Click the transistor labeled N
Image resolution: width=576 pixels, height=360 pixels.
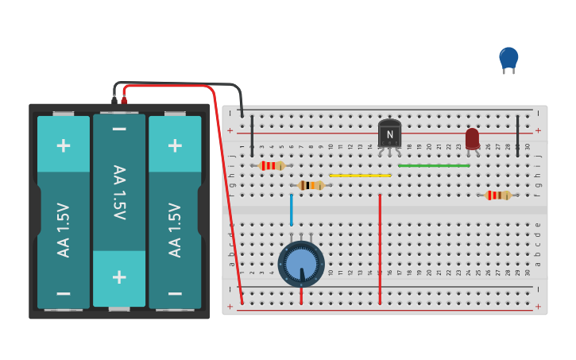(x=389, y=134)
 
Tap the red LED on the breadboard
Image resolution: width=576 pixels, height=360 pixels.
(x=472, y=138)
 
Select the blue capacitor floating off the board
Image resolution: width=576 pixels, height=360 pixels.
(x=508, y=58)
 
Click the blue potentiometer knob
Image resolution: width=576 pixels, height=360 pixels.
(x=301, y=264)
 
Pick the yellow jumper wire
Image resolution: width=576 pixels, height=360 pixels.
(x=360, y=176)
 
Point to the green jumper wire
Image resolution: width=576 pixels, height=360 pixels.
(x=434, y=166)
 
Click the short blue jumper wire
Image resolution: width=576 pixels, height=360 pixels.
(x=292, y=210)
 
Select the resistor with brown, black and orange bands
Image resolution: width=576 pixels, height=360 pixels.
(x=311, y=185)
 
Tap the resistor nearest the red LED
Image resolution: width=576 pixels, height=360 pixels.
(x=498, y=195)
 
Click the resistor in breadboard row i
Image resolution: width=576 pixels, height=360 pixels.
(x=272, y=165)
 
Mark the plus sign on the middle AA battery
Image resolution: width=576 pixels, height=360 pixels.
(x=119, y=277)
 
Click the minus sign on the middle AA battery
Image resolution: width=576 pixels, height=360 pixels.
(x=119, y=130)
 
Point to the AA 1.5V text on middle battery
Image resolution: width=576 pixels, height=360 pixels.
(x=119, y=192)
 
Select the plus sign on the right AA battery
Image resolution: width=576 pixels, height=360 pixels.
(x=175, y=145)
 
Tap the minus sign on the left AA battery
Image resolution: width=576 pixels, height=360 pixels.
(x=64, y=292)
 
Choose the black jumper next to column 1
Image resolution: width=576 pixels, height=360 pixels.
(x=253, y=135)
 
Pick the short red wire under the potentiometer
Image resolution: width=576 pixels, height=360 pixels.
(x=301, y=294)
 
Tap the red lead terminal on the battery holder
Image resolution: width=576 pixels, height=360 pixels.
(x=124, y=101)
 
